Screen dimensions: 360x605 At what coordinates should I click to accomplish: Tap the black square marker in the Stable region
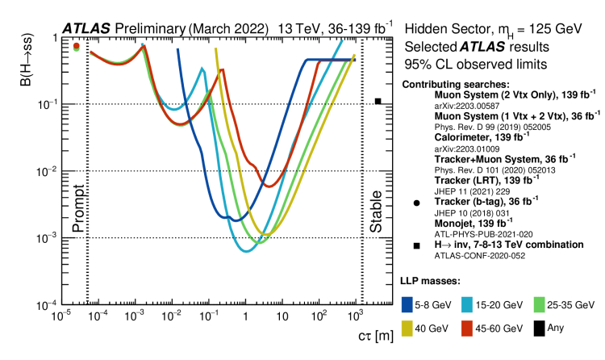point(378,101)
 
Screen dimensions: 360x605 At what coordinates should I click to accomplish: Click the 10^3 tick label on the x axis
point(354,317)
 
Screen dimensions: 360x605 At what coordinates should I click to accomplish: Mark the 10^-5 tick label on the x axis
point(60,317)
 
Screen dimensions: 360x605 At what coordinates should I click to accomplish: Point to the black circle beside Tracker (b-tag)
point(416,203)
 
